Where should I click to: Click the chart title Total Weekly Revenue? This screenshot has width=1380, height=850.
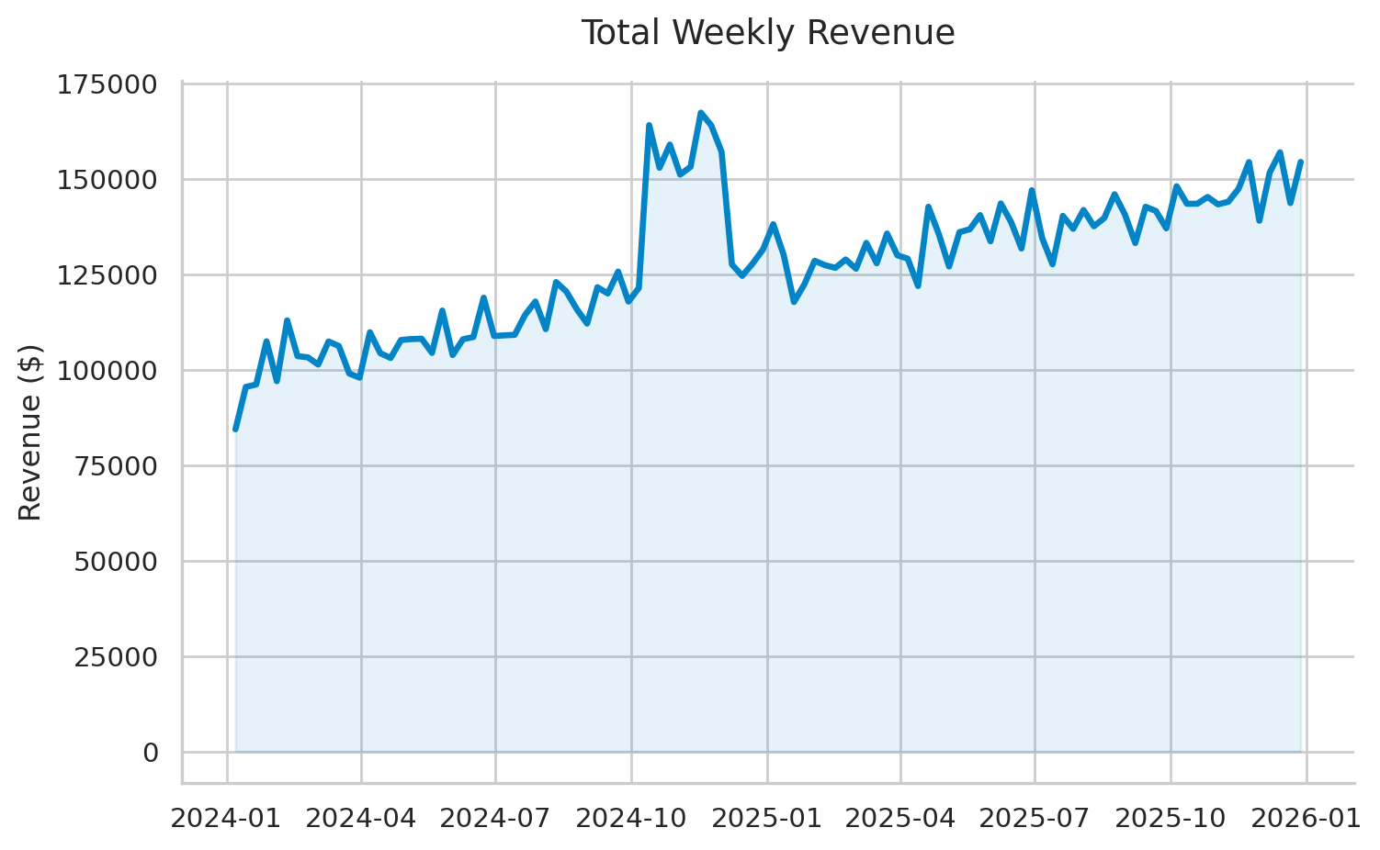coord(768,33)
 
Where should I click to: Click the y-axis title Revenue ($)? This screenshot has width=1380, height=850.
coord(30,432)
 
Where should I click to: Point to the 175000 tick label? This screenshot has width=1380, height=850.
coord(107,85)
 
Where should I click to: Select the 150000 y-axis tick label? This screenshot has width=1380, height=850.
coord(107,180)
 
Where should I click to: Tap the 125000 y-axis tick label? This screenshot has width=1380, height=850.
coord(107,275)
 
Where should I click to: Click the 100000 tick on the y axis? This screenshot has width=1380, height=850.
coord(107,371)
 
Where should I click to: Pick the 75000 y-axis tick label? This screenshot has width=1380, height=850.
coord(116,466)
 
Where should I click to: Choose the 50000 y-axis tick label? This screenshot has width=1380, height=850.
coord(116,562)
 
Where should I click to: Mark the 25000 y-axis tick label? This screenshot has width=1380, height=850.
coord(116,657)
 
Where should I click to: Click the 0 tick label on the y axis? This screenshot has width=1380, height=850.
coord(151,753)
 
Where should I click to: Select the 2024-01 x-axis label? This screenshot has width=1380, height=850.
coord(227,818)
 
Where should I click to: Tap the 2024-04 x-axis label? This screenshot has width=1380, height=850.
coord(361,818)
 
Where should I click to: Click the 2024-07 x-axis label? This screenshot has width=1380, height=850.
coord(495,818)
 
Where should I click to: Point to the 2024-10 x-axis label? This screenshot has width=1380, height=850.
coord(631,818)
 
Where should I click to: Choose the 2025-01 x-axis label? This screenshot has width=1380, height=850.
coord(766,818)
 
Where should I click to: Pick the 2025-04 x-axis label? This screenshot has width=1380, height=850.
coord(900,818)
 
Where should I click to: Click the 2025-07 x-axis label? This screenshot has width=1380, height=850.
coord(1035,818)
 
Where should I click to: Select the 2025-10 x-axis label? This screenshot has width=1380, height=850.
coord(1171,818)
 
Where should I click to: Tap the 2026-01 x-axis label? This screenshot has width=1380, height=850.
coord(1306,818)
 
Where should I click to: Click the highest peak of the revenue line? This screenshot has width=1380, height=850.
coord(700,113)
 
